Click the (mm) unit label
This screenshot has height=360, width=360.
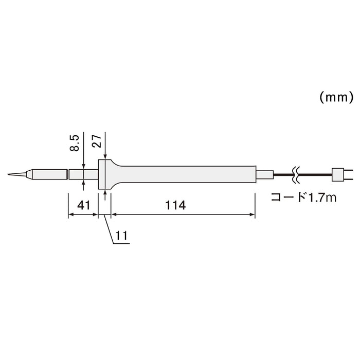(x=335, y=97)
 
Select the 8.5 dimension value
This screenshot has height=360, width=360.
(x=74, y=142)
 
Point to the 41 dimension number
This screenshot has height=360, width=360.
(x=83, y=205)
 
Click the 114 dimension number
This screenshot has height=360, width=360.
(x=175, y=205)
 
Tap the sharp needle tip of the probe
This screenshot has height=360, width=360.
(x=9, y=175)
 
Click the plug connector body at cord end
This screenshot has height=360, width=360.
(x=338, y=175)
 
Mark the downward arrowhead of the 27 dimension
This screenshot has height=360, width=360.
(x=105, y=156)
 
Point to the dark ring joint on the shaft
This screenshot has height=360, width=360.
(x=68, y=175)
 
